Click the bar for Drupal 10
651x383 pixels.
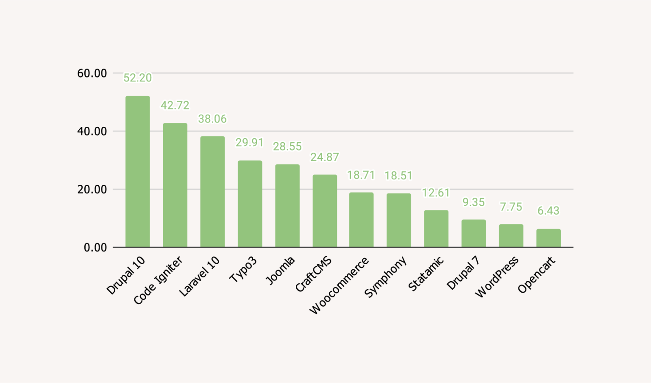[137, 171]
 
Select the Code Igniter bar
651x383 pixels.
[175, 185]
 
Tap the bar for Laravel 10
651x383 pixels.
[212, 192]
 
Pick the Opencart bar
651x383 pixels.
[548, 238]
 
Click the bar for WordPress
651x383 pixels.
[511, 236]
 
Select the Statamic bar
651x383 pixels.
[436, 229]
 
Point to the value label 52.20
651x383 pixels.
[137, 78]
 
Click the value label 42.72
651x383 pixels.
[175, 105]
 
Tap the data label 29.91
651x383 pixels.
[250, 143]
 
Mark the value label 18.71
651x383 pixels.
[361, 175]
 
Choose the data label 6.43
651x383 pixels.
[548, 211]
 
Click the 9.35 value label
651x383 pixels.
[473, 202]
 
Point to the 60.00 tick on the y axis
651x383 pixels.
[92, 73]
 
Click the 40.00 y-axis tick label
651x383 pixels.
[92, 131]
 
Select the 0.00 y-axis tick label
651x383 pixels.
[95, 248]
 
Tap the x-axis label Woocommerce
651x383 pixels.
[339, 285]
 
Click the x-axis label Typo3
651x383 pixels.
[243, 270]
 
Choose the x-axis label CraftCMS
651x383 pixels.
[314, 274]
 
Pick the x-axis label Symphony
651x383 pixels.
[385, 277]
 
